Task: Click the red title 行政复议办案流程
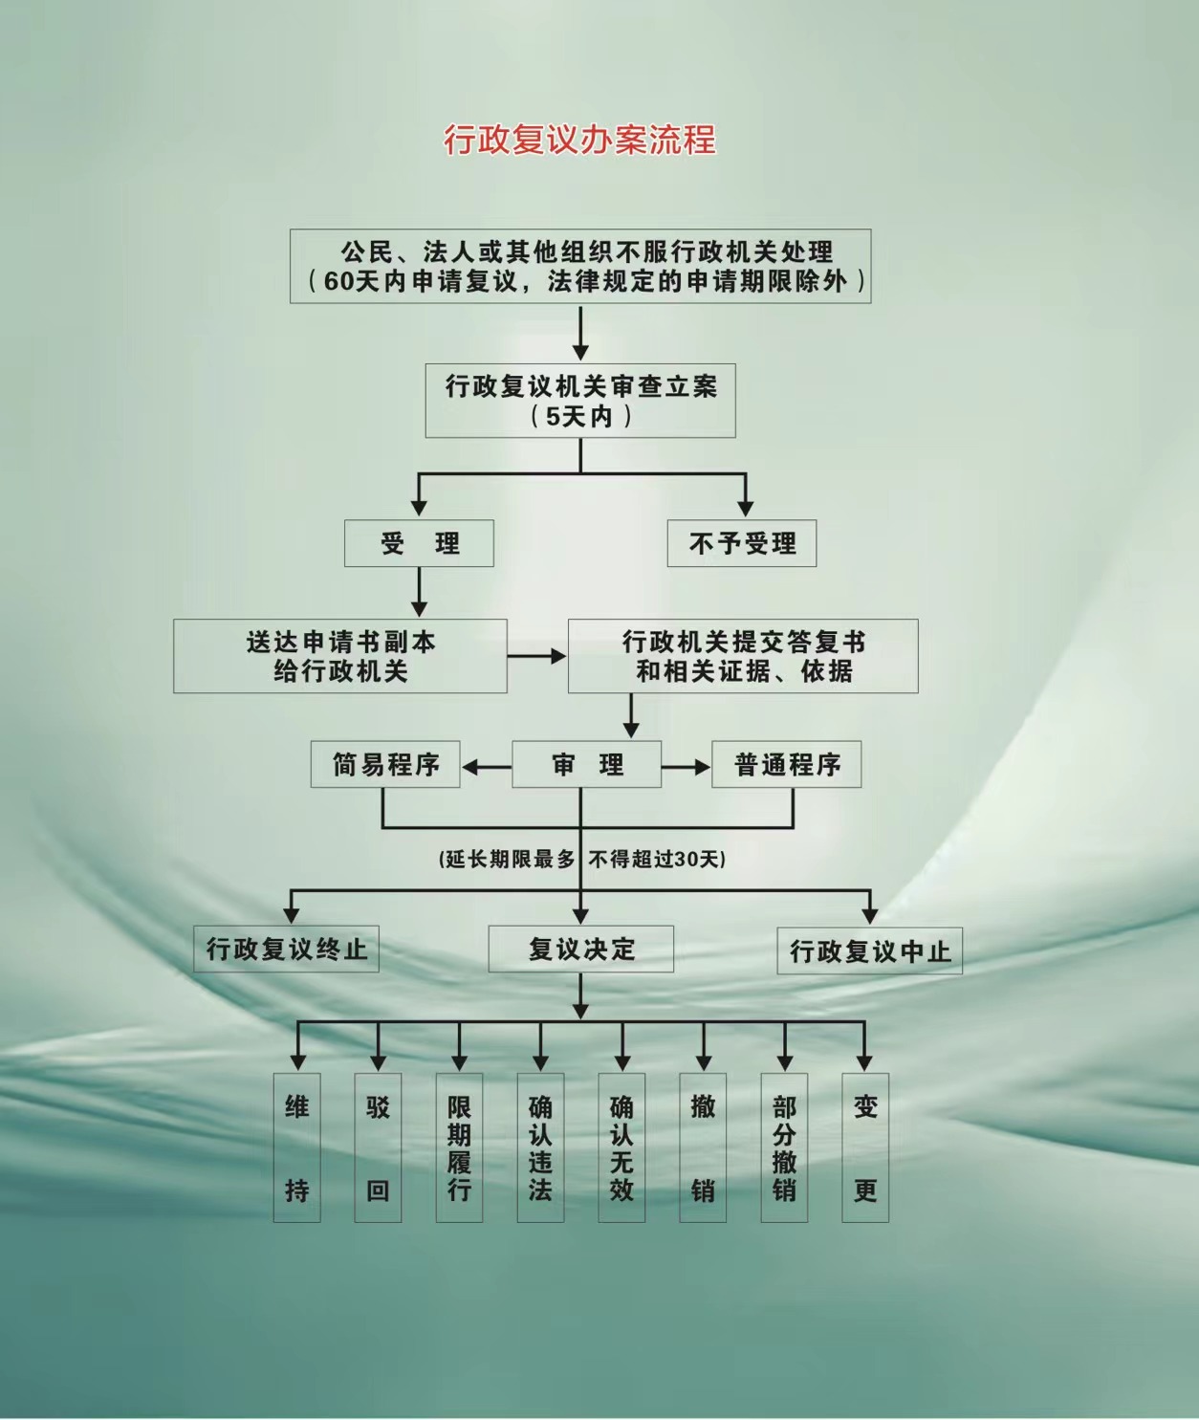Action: [580, 140]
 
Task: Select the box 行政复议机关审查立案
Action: [580, 401]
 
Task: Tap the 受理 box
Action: [419, 543]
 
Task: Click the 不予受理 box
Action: [742, 543]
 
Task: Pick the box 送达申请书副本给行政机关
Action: [340, 656]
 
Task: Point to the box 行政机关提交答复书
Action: [743, 656]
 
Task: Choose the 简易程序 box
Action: [385, 764]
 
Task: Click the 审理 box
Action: [586, 764]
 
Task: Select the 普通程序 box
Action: [787, 764]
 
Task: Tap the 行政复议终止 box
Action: [286, 949]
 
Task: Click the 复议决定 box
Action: [580, 949]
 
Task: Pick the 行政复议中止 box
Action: [870, 950]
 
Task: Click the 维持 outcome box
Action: [297, 1148]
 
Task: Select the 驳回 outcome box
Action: [378, 1148]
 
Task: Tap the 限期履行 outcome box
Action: [459, 1148]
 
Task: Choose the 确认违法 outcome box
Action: [540, 1148]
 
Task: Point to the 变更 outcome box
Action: [865, 1148]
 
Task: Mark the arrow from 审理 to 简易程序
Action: [487, 767]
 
